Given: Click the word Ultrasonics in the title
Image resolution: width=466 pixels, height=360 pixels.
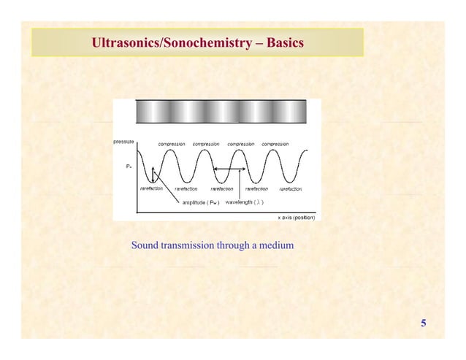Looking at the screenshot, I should point(125,43).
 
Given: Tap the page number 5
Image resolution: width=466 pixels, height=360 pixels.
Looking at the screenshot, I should point(423,323).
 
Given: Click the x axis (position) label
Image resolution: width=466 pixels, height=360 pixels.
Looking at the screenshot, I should point(299,218).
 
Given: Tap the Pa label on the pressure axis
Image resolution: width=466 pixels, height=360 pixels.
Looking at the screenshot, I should point(129,166).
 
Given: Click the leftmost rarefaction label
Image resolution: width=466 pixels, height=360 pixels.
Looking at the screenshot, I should point(151,188).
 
